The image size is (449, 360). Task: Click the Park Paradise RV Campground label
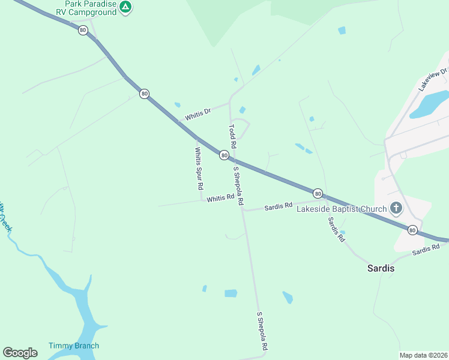(90, 7)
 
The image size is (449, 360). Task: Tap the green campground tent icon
(125, 7)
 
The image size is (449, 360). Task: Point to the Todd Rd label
(232, 137)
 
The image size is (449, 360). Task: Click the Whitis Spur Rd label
(198, 169)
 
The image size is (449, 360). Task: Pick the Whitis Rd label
(220, 198)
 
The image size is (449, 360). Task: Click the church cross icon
(396, 208)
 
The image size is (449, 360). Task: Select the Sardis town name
(381, 268)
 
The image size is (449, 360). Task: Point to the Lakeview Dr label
(433, 79)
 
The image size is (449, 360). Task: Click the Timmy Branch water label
(74, 346)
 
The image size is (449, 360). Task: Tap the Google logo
(20, 353)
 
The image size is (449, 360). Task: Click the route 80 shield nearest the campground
(82, 31)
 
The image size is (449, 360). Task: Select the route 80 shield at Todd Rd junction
(224, 155)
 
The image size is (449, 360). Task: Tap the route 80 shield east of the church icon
(412, 230)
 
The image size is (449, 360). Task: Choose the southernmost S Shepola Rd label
(262, 331)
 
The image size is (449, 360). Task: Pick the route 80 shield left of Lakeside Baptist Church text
(318, 193)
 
